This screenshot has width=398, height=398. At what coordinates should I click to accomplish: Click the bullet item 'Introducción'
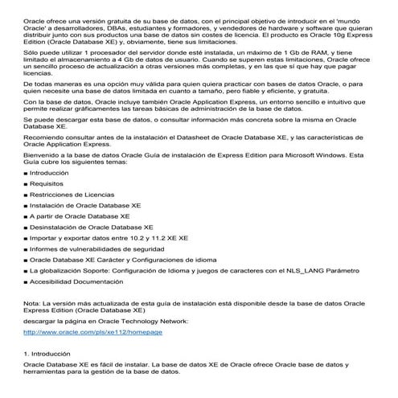49,195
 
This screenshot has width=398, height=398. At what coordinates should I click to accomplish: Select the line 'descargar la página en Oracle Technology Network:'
105,320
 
